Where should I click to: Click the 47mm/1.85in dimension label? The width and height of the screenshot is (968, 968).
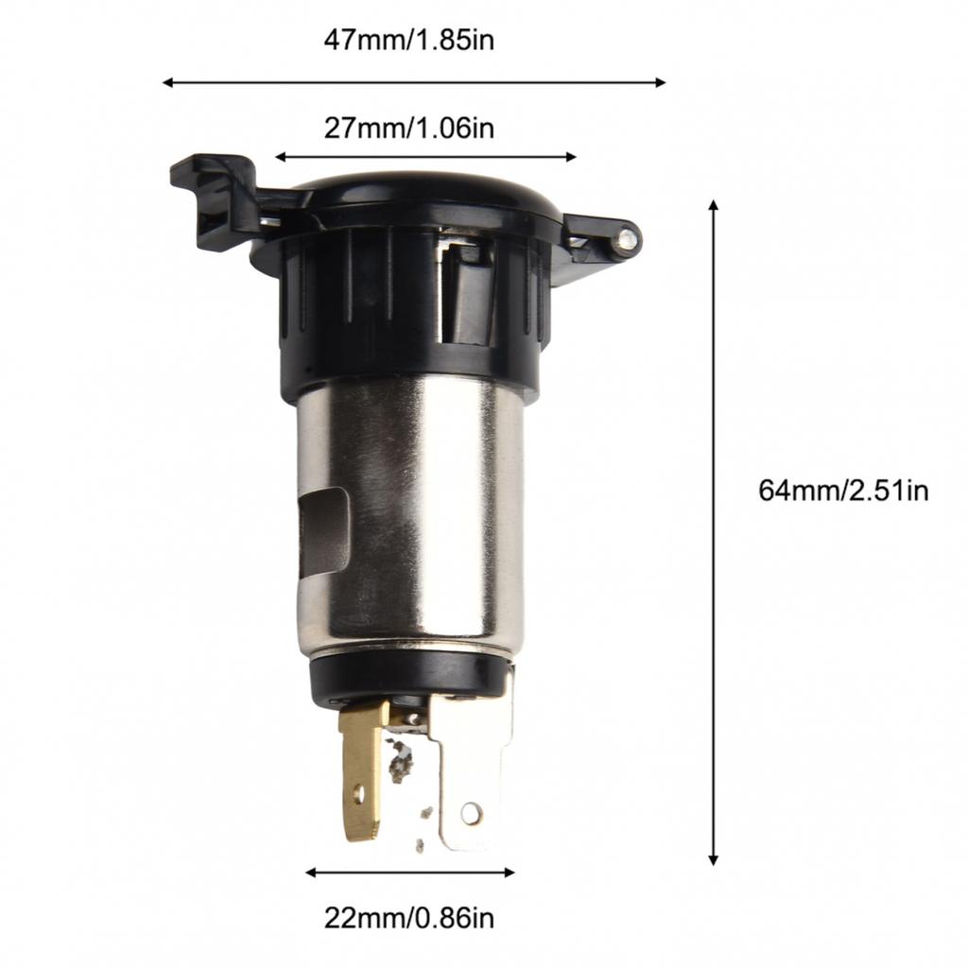coord(408,41)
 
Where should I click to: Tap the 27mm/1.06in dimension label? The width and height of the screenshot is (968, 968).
coord(408,128)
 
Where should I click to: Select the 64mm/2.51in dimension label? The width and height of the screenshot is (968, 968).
coord(843,491)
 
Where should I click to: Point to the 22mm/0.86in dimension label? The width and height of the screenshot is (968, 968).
coord(408,917)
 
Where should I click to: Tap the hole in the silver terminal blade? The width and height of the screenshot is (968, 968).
coord(471,811)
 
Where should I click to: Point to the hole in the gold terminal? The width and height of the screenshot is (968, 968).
coord(358,792)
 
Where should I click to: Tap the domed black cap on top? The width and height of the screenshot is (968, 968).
coord(416,192)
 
